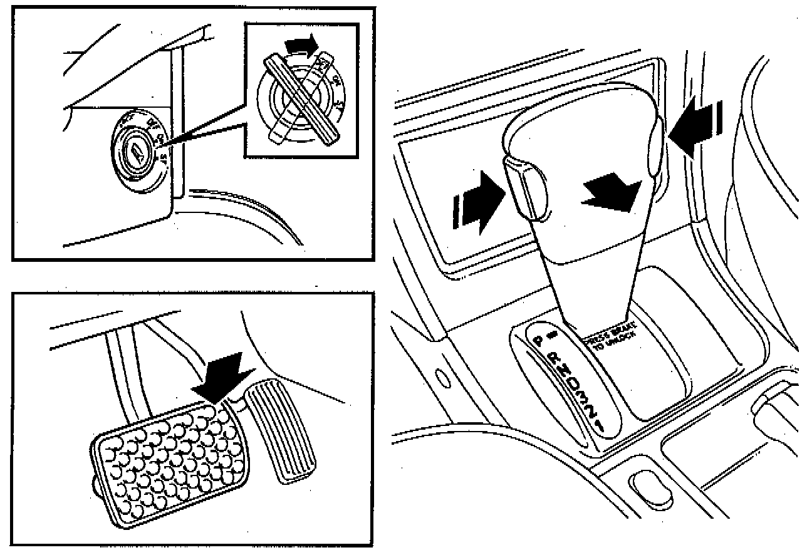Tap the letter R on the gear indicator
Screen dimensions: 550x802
554,360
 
